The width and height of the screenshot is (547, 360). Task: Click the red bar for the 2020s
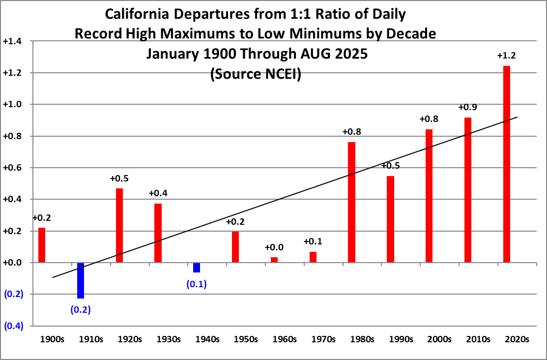506,164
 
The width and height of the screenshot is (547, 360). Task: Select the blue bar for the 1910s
81,280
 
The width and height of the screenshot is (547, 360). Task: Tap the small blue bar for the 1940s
197,267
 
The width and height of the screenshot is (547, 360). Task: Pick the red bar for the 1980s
351,202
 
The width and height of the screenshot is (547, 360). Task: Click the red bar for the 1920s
119,225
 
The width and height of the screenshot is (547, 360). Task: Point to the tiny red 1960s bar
274,260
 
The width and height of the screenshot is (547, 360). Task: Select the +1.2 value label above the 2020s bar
507,56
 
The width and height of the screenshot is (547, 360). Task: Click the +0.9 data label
468,107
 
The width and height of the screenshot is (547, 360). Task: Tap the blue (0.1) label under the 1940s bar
197,284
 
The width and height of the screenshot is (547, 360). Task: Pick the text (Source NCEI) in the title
256,74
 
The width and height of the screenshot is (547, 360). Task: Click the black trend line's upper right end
517,117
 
